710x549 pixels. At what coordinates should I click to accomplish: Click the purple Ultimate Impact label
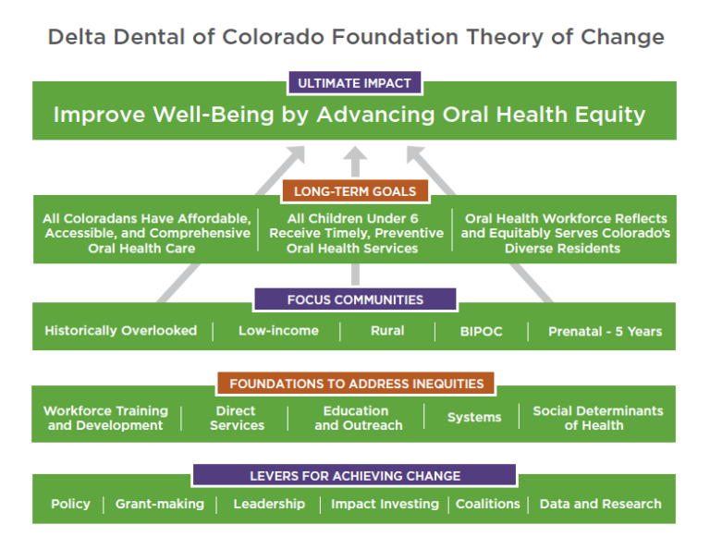coord(354,83)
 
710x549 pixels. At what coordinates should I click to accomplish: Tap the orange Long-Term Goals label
coord(354,192)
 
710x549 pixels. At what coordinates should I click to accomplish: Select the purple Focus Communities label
coord(355,299)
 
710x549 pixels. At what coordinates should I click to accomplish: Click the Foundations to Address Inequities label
coord(356,384)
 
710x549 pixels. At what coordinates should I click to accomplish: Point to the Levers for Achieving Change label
coord(354,476)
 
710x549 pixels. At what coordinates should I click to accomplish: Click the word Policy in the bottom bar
coord(70,504)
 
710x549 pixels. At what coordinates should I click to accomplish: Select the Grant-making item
coord(159,504)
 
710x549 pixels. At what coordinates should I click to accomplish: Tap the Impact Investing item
coord(385,504)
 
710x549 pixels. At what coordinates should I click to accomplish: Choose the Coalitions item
coord(487,504)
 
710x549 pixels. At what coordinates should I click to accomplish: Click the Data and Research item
coord(600,504)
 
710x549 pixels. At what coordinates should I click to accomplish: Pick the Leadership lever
coord(269,504)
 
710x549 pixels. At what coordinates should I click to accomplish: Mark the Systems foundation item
coord(473,418)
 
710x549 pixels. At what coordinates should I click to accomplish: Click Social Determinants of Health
coord(597,418)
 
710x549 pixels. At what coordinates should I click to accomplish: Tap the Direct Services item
coord(236,418)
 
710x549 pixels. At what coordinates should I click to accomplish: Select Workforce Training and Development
coord(105,418)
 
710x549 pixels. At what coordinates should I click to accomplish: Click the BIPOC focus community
coord(481,331)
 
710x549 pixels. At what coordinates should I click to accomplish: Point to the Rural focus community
coord(386,331)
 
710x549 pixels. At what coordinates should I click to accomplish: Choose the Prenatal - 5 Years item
coord(605,331)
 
